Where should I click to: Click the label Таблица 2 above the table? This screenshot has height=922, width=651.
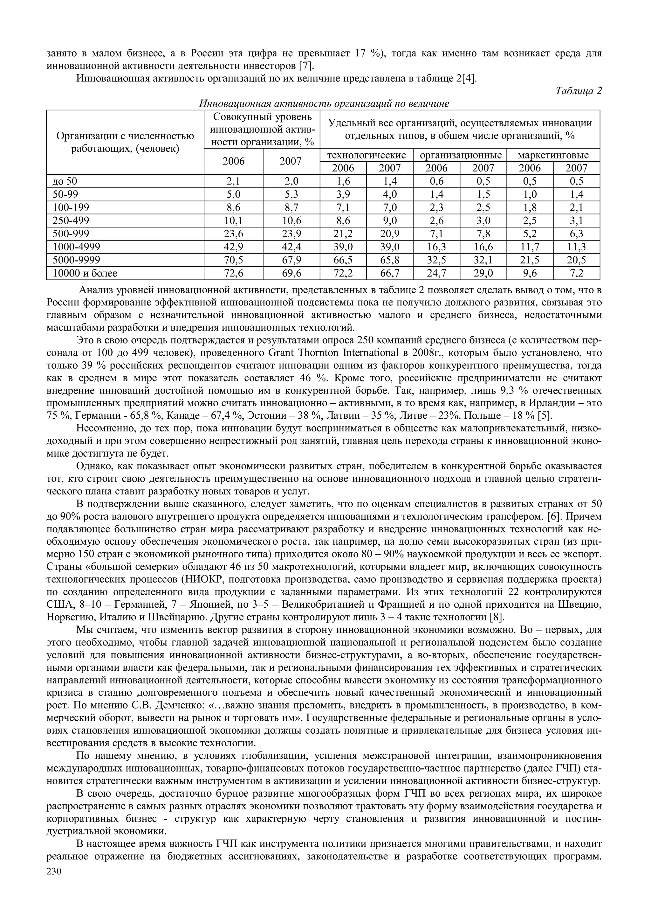[579, 91]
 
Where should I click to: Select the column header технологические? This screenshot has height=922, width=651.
[367, 155]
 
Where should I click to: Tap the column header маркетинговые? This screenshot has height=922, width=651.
[553, 155]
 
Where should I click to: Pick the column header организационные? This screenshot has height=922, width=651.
[460, 155]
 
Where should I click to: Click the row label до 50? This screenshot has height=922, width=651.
[65, 181]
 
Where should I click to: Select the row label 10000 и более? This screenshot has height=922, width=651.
[85, 274]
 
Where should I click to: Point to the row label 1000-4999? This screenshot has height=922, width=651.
[77, 247]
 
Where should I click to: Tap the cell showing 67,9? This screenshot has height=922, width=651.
[291, 260]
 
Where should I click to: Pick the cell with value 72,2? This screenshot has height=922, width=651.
[343, 274]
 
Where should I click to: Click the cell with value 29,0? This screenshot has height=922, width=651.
[483, 274]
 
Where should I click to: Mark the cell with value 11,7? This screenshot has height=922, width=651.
[530, 247]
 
